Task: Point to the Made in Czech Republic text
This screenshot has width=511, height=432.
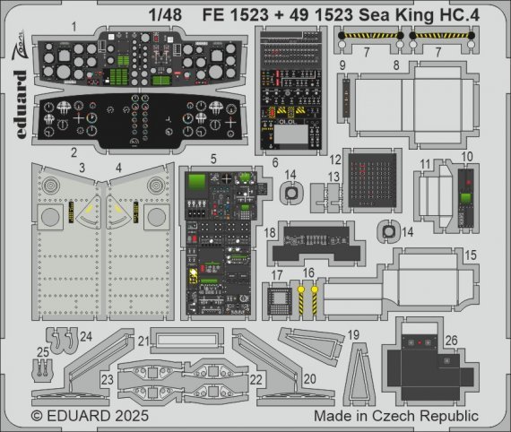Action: click(x=395, y=417)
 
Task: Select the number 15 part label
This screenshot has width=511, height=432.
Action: click(x=471, y=255)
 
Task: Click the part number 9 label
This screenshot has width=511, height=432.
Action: click(x=342, y=66)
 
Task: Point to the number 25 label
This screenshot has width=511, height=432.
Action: click(x=43, y=351)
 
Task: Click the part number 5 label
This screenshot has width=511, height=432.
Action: click(x=213, y=160)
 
